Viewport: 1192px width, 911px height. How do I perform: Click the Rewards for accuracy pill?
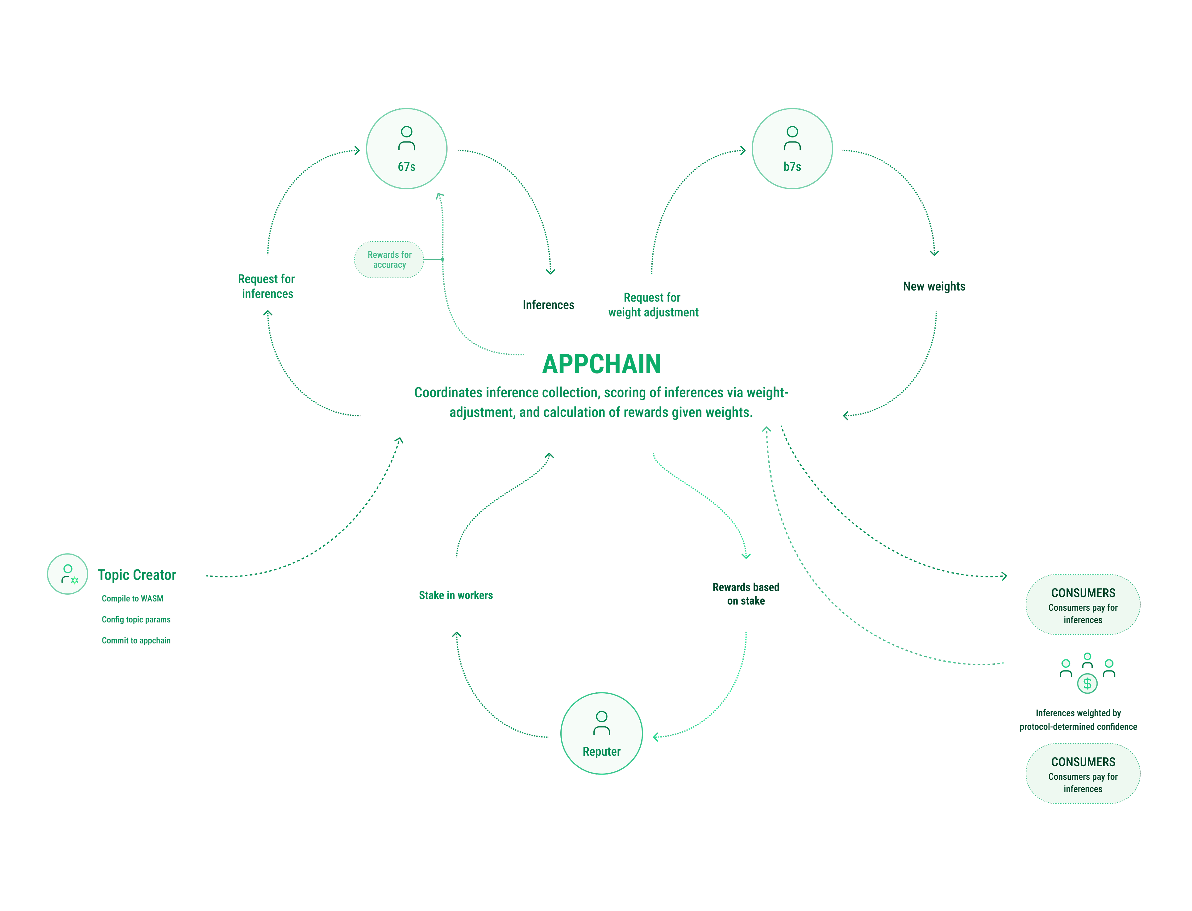pos(389,260)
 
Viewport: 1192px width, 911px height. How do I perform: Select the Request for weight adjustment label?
pos(653,305)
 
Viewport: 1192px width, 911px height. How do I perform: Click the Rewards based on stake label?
pos(746,594)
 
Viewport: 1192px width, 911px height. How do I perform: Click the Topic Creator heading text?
pos(137,575)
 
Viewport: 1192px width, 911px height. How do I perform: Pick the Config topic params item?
pos(136,619)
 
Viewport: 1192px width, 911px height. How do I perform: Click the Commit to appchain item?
pos(136,640)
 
